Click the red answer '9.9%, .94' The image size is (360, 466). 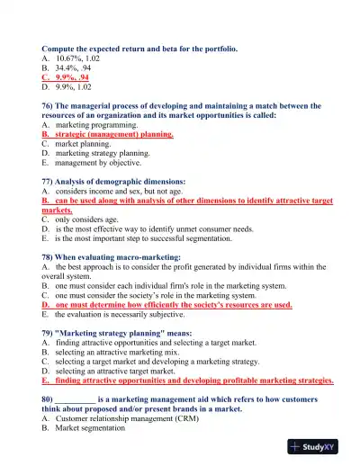click(x=72, y=77)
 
